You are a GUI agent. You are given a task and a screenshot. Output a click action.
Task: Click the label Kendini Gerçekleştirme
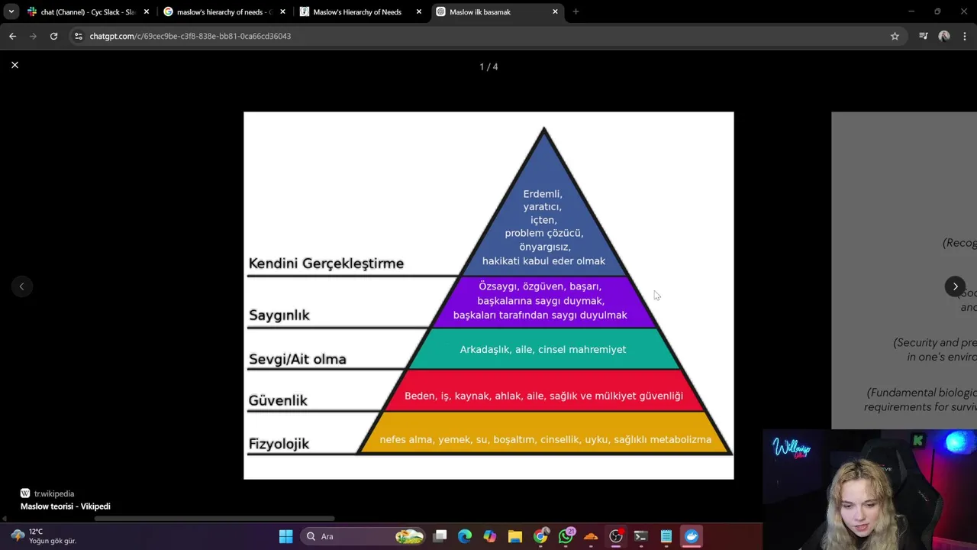pos(326,264)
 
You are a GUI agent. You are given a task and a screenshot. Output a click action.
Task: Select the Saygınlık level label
pos(279,315)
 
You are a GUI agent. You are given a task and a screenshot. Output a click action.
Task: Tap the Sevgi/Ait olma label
pos(298,359)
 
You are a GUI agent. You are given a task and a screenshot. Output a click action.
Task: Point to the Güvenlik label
pos(278,400)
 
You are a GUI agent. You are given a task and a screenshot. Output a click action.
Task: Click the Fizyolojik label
pos(279,444)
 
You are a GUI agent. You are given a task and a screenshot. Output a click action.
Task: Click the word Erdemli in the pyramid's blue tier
pos(543,194)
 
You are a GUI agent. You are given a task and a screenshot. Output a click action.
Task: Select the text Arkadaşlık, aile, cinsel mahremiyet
pos(543,349)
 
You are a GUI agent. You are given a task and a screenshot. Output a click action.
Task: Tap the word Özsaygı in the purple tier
pos(497,286)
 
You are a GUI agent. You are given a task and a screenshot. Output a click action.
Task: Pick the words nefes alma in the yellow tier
pos(405,439)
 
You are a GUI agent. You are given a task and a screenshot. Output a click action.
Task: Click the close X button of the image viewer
pos(15,65)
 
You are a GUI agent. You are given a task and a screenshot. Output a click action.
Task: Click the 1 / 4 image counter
pos(488,67)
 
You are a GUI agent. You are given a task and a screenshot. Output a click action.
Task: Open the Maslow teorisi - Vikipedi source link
pos(66,506)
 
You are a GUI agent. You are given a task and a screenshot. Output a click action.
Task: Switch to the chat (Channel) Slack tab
pos(85,12)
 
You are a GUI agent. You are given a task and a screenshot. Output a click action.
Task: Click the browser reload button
pos(53,36)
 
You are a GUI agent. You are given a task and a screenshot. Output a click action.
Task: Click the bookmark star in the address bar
pos(895,36)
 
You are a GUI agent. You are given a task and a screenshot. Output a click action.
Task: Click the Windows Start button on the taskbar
pos(285,536)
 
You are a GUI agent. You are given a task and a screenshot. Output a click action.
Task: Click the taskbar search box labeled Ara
pos(336,536)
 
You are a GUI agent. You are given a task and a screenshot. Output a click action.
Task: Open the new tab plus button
pos(576,12)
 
